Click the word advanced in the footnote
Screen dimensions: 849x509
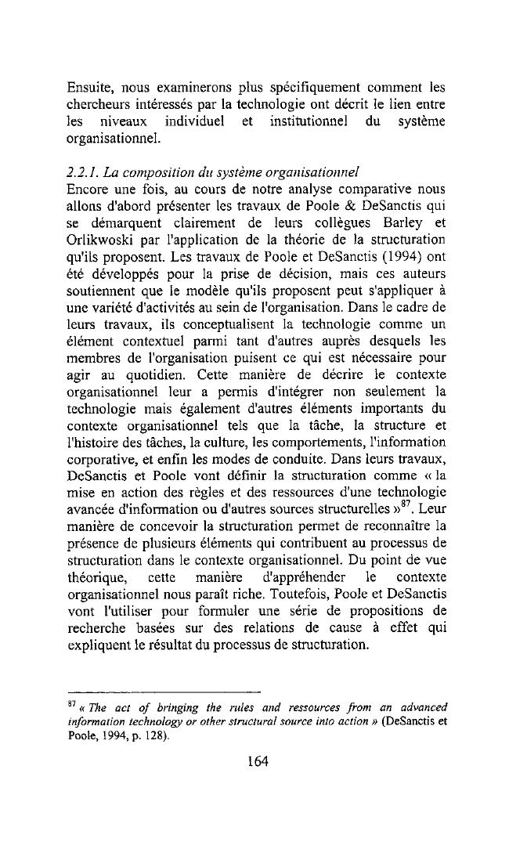418,707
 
